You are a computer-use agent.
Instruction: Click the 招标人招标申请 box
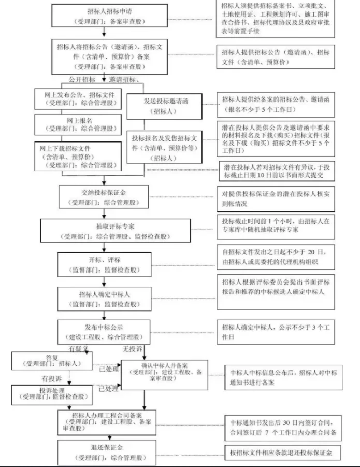[104, 17]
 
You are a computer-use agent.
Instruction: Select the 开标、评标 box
[104, 265]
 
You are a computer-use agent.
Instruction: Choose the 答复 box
[52, 361]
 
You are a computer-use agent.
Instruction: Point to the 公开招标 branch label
[82, 80]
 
